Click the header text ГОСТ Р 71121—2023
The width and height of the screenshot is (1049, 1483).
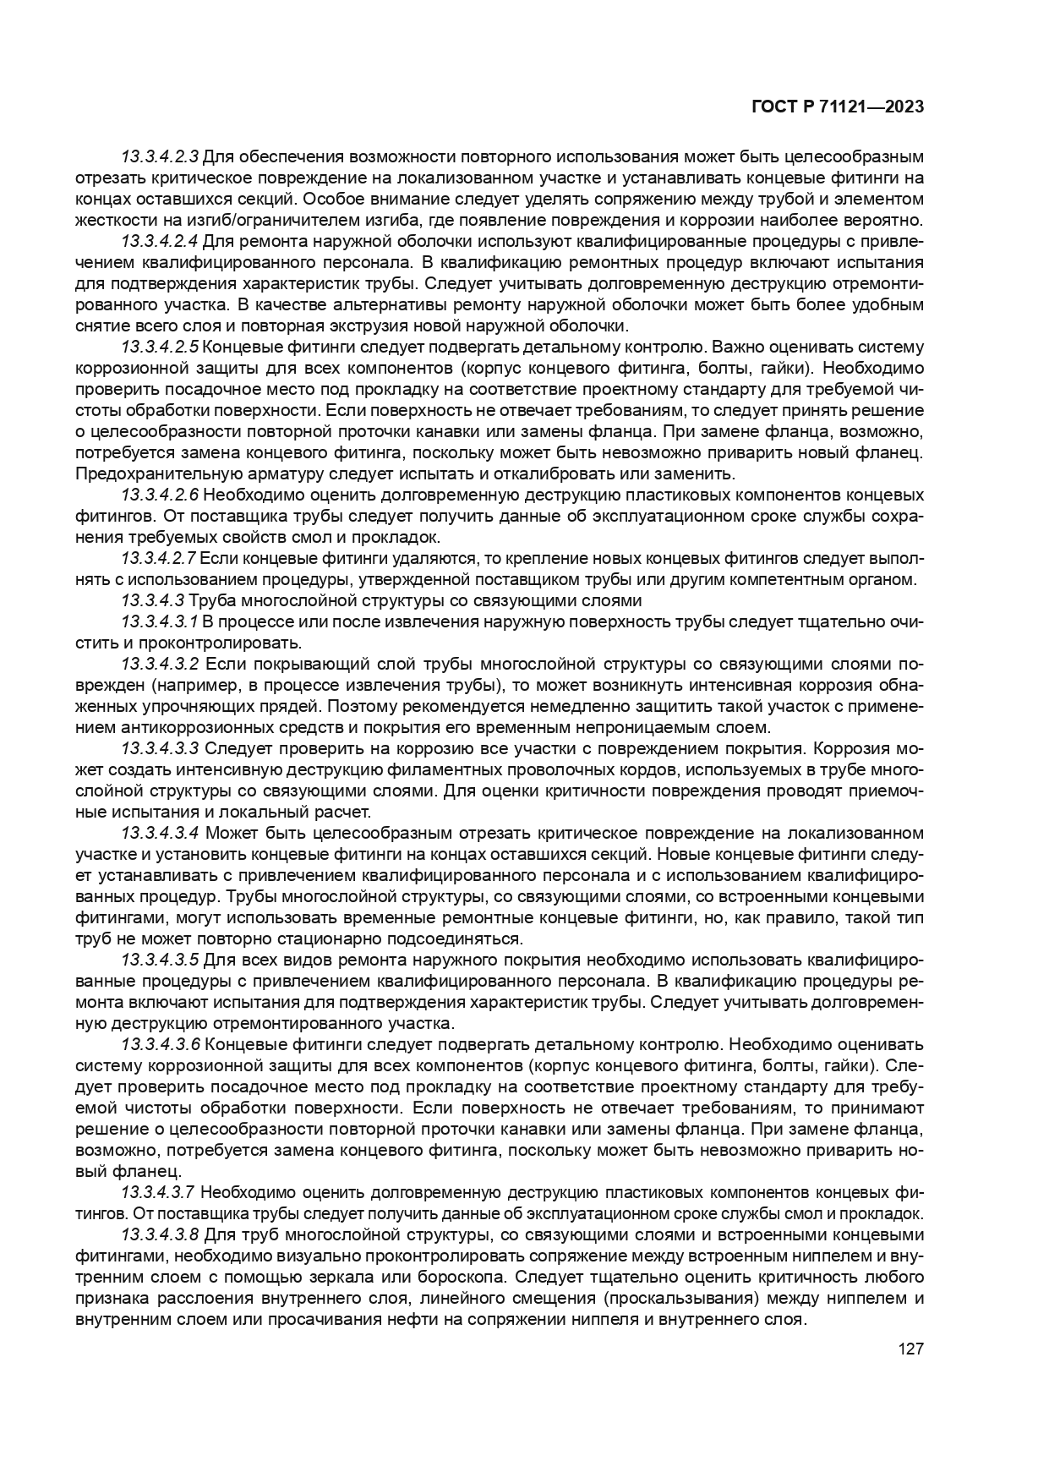coord(837,107)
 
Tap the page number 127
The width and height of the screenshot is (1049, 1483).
coord(910,1349)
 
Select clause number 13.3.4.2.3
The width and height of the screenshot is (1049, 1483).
coord(160,157)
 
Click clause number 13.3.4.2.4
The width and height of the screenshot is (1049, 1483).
coord(160,241)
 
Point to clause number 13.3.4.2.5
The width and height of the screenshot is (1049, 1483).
coord(160,347)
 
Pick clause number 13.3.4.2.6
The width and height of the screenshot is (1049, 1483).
coord(160,495)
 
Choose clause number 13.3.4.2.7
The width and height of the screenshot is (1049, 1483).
coord(159,558)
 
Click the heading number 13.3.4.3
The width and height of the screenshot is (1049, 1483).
coord(152,600)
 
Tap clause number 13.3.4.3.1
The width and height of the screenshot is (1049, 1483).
coord(159,622)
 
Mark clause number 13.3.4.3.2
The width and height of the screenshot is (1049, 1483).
coord(160,665)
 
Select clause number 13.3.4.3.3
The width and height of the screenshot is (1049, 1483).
coord(160,749)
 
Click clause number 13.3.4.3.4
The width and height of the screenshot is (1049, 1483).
coord(160,834)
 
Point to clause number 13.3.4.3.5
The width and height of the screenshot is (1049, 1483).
coord(160,960)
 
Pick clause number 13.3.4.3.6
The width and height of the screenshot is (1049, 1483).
coord(160,1044)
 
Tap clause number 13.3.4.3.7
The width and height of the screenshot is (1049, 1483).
coord(159,1192)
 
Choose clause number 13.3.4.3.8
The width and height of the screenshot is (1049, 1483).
coord(160,1234)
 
